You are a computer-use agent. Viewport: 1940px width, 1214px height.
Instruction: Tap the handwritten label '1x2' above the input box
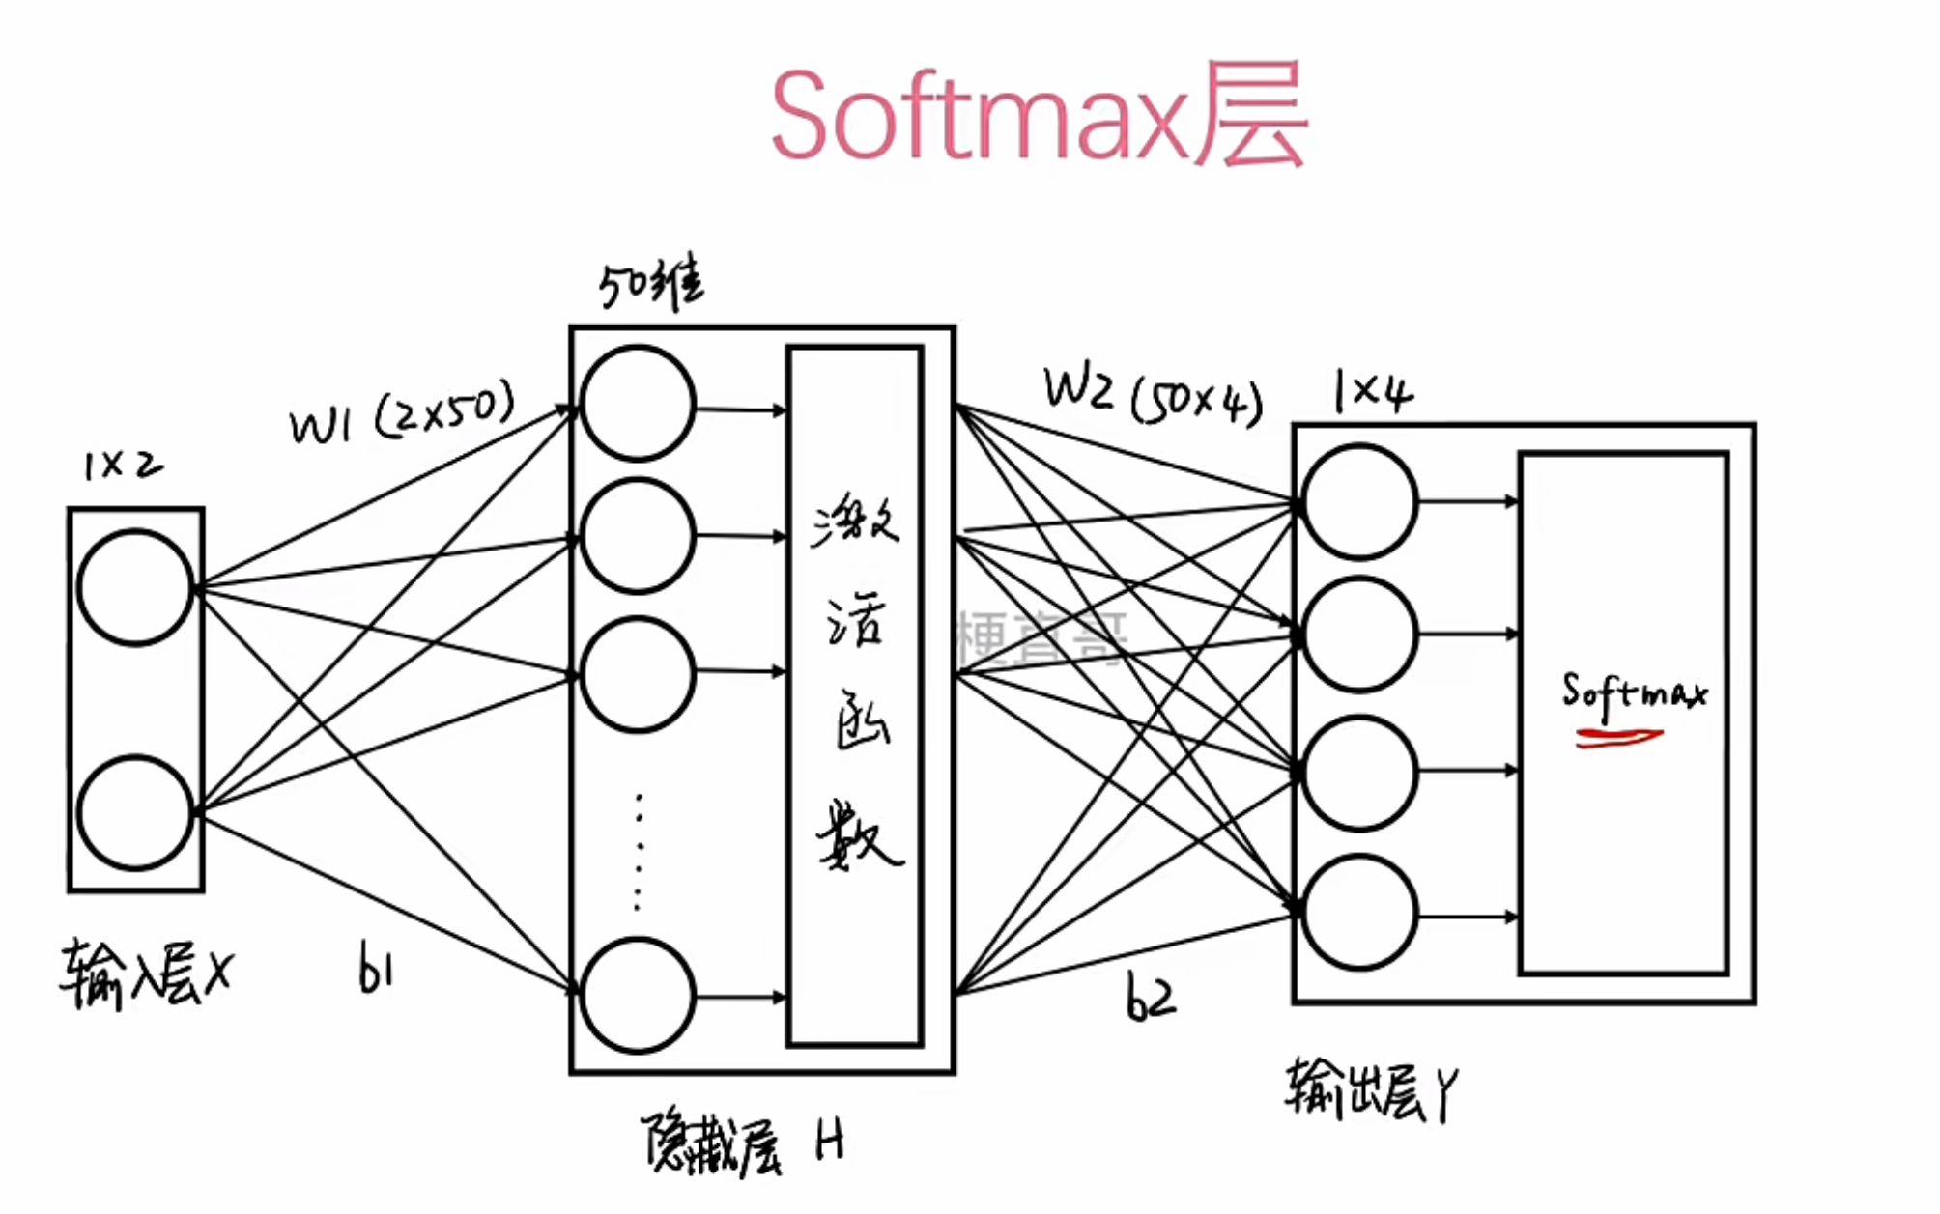(123, 466)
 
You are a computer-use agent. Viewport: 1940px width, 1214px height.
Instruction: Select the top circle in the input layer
(135, 586)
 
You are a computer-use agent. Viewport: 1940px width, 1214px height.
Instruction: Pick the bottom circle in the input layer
(135, 813)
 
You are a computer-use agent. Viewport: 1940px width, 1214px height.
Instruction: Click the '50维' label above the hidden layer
(651, 284)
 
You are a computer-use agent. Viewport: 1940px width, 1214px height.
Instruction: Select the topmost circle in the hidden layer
(638, 403)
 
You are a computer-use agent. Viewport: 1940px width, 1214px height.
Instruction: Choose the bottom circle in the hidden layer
(638, 995)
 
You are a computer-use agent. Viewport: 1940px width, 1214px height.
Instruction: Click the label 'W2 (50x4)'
(1153, 396)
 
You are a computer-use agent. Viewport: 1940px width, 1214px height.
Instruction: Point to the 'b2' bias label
(1151, 998)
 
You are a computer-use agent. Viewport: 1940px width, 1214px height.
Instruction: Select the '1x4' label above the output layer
(1372, 392)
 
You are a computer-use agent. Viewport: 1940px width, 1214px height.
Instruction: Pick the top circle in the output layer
(1359, 501)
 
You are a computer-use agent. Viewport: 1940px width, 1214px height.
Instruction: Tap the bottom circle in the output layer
(1359, 913)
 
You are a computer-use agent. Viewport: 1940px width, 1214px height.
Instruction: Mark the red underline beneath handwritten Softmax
(1618, 738)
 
